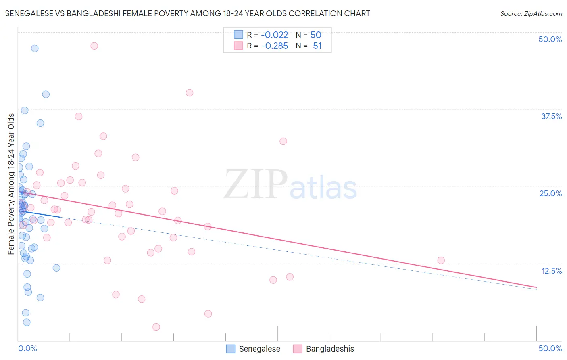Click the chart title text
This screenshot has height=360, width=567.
[188, 14]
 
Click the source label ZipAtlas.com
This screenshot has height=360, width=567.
[531, 14]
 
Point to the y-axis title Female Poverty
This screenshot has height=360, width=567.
[11, 184]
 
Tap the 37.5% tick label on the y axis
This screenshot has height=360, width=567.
[551, 117]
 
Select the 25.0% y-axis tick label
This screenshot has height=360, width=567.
[550, 194]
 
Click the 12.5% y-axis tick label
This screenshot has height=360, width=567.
[551, 271]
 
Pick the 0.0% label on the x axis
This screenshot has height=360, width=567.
[27, 348]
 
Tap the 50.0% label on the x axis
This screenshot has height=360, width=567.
[550, 348]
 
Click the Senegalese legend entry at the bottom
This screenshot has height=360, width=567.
[253, 349]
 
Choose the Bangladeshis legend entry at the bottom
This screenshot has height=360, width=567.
[324, 349]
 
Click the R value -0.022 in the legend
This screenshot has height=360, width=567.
[275, 35]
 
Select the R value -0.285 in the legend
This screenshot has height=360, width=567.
[275, 46]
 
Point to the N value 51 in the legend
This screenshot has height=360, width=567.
[317, 46]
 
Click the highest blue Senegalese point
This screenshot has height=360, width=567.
[35, 48]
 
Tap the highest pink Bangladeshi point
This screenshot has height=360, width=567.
[94, 46]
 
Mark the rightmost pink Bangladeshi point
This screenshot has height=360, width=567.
[441, 260]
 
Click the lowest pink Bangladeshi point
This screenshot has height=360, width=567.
[156, 327]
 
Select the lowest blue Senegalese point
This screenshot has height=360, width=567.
[27, 322]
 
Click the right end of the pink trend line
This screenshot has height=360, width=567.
[536, 287]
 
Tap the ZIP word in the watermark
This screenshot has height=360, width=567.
[255, 184]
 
